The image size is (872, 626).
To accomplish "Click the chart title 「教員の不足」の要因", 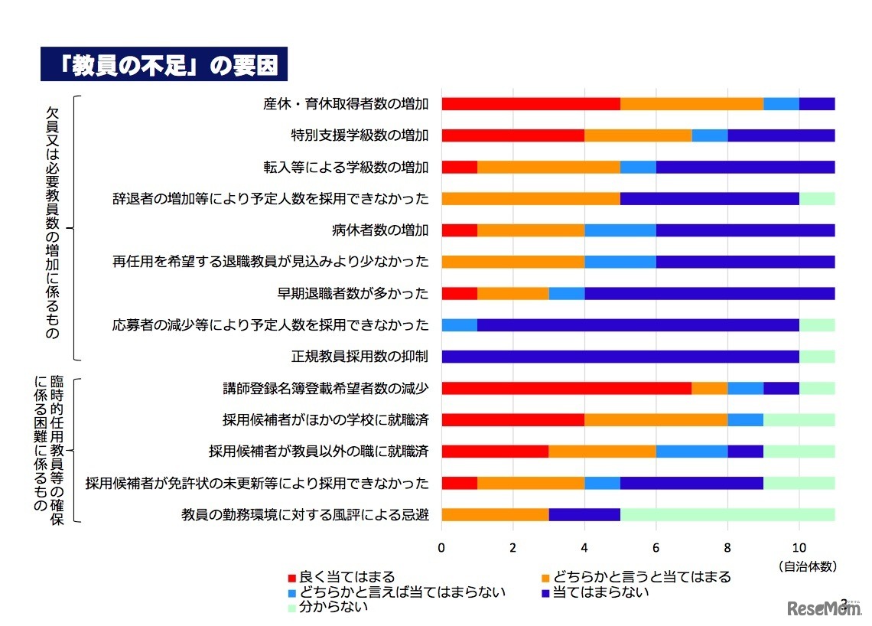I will [164, 66].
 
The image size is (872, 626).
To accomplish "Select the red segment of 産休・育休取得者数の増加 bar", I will [531, 104].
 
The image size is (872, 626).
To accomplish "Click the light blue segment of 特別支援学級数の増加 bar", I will [710, 135].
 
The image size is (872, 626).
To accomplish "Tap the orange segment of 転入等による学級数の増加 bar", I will [548, 167].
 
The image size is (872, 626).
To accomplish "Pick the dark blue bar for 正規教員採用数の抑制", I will [620, 357].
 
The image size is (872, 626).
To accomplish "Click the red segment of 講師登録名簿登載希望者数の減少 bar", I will [566, 388].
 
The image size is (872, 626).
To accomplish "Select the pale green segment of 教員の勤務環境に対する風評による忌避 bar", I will [727, 514].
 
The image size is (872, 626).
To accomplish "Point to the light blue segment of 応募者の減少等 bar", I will [459, 324].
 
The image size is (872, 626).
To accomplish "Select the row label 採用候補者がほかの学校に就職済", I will [325, 419].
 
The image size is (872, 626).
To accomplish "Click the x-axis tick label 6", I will [656, 547].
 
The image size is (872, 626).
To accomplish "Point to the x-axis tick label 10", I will [799, 547].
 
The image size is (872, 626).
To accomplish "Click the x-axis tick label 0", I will [441, 547].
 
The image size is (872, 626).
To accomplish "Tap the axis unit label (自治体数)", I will [808, 566].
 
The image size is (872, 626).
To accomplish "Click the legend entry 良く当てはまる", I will [340, 577].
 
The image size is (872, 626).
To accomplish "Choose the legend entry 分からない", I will [327, 608].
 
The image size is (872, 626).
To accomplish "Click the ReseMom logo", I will [823, 608].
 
